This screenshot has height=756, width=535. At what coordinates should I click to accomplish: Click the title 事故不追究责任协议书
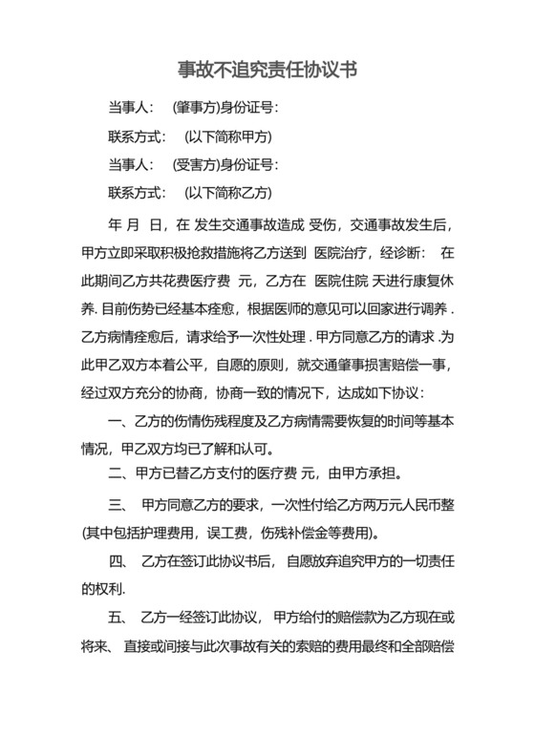point(267,71)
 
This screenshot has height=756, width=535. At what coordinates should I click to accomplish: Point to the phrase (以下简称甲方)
point(228,136)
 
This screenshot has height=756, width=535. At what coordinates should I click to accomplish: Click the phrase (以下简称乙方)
point(228,193)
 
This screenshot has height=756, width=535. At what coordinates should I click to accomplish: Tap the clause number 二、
point(119,472)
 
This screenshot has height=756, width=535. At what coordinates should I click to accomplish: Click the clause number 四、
point(119,559)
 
